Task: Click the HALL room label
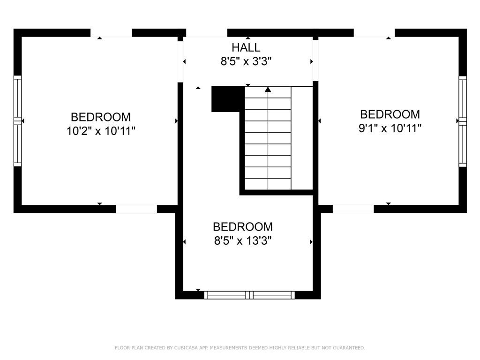click(x=246, y=47)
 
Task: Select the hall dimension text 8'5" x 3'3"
click(x=246, y=61)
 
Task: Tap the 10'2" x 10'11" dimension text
click(x=101, y=131)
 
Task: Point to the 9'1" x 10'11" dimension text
click(x=390, y=128)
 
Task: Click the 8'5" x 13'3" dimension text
click(x=243, y=241)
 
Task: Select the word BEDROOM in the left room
click(x=101, y=117)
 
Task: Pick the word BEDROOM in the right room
click(x=390, y=114)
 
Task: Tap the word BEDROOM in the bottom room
click(x=243, y=227)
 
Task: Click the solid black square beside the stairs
click(x=228, y=99)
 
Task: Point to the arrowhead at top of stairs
click(x=268, y=89)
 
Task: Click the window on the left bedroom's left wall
click(x=17, y=120)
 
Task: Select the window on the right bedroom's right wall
click(x=463, y=121)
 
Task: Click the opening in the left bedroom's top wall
click(x=111, y=33)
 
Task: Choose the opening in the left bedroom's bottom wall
click(x=136, y=209)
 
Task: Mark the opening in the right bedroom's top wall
click(x=374, y=33)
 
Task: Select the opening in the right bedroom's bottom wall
click(x=353, y=209)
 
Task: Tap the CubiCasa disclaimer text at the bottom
click(x=240, y=348)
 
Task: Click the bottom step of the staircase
click(x=268, y=184)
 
